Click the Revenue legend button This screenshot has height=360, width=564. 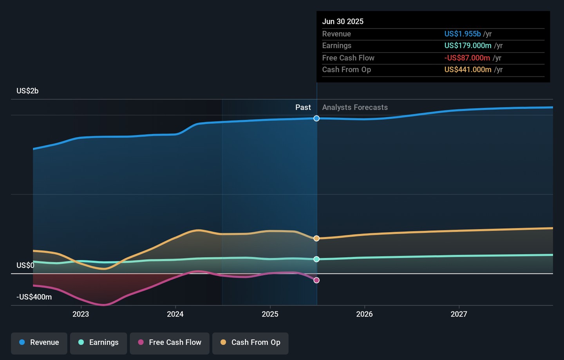[39, 343]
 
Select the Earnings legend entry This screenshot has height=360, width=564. [98, 343]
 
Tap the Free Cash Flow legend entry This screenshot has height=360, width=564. [170, 343]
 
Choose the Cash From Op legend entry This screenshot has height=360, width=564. [250, 343]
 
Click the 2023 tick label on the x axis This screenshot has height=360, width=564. [81, 314]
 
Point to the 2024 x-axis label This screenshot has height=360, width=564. [175, 314]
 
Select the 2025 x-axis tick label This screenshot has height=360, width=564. [270, 314]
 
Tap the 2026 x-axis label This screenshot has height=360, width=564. [364, 314]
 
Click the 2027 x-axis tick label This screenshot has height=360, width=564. [459, 314]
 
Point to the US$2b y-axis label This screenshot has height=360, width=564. [27, 91]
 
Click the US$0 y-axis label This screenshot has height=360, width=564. [25, 266]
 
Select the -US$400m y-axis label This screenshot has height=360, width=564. [34, 297]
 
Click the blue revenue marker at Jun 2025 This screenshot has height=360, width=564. [316, 118]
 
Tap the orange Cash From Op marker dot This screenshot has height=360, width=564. [316, 238]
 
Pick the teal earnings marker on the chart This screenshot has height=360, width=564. [316, 259]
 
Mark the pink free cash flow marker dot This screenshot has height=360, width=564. [316, 280]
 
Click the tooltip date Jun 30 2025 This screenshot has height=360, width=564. [343, 22]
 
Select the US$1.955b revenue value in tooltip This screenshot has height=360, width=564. [462, 34]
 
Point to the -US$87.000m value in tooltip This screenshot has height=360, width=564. [467, 58]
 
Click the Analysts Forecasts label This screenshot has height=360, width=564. [355, 107]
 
